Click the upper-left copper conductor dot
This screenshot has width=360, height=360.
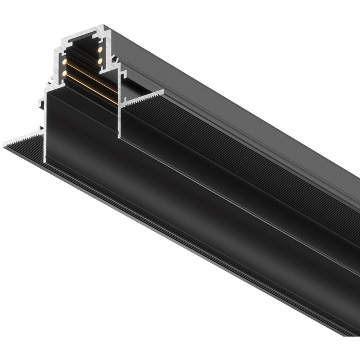click(64, 61)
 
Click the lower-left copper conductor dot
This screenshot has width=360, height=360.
click(64, 73)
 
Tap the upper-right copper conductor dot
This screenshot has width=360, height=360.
click(100, 49)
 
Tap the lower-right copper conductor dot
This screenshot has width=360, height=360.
click(100, 60)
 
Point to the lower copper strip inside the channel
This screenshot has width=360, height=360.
click(90, 84)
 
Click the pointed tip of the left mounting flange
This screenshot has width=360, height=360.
click(5, 145)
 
